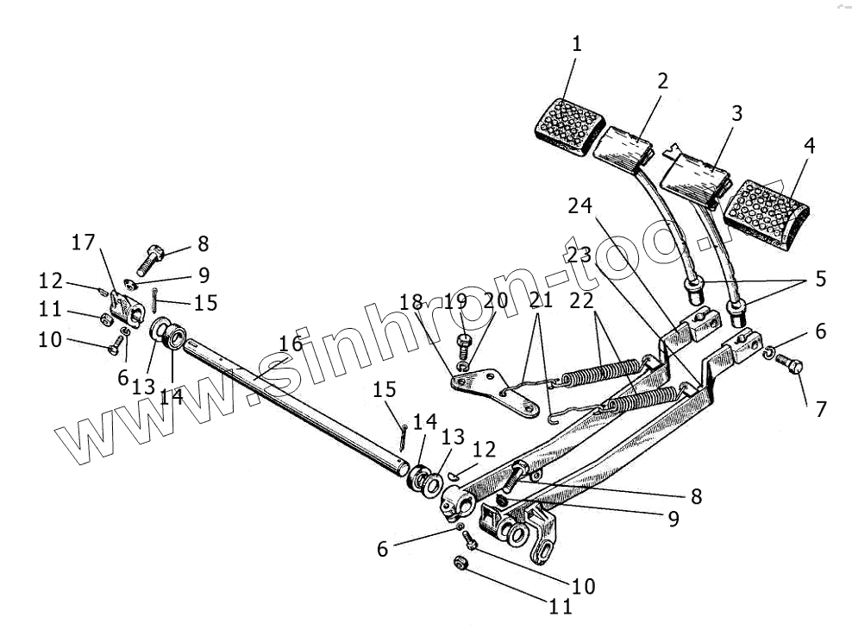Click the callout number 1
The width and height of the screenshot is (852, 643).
pyautogui.click(x=576, y=44)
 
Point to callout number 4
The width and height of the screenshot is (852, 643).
pyautogui.click(x=808, y=145)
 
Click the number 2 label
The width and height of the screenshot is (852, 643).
pyautogui.click(x=661, y=81)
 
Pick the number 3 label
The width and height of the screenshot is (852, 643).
pyautogui.click(x=736, y=114)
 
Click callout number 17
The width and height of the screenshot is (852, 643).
pyautogui.click(x=83, y=243)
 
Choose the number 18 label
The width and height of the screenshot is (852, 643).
pyautogui.click(x=412, y=302)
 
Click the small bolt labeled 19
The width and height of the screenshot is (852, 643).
pyautogui.click(x=463, y=348)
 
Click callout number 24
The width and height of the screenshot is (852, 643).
pyautogui.click(x=579, y=206)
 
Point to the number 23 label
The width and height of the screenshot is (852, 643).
pyautogui.click(x=579, y=255)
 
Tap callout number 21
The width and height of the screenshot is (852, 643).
pyautogui.click(x=540, y=301)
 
